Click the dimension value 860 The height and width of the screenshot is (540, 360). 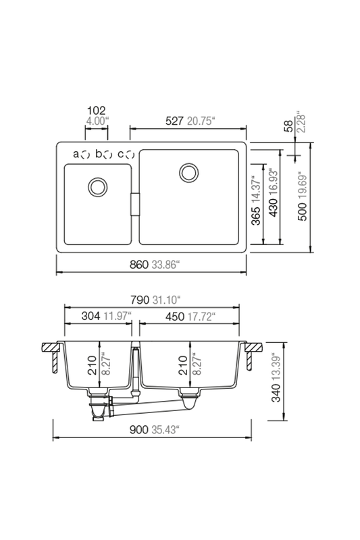[139, 265]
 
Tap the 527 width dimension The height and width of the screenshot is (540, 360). [175, 121]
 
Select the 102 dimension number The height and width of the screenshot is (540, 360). [97, 111]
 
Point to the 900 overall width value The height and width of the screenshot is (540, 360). [139, 429]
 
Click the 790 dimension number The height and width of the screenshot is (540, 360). [140, 300]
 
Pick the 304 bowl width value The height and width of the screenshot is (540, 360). [91, 316]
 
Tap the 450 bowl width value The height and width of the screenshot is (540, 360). [175, 316]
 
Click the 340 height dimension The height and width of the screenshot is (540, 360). [276, 393]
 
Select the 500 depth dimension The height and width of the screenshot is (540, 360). [301, 211]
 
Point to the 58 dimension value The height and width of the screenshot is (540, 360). [289, 126]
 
